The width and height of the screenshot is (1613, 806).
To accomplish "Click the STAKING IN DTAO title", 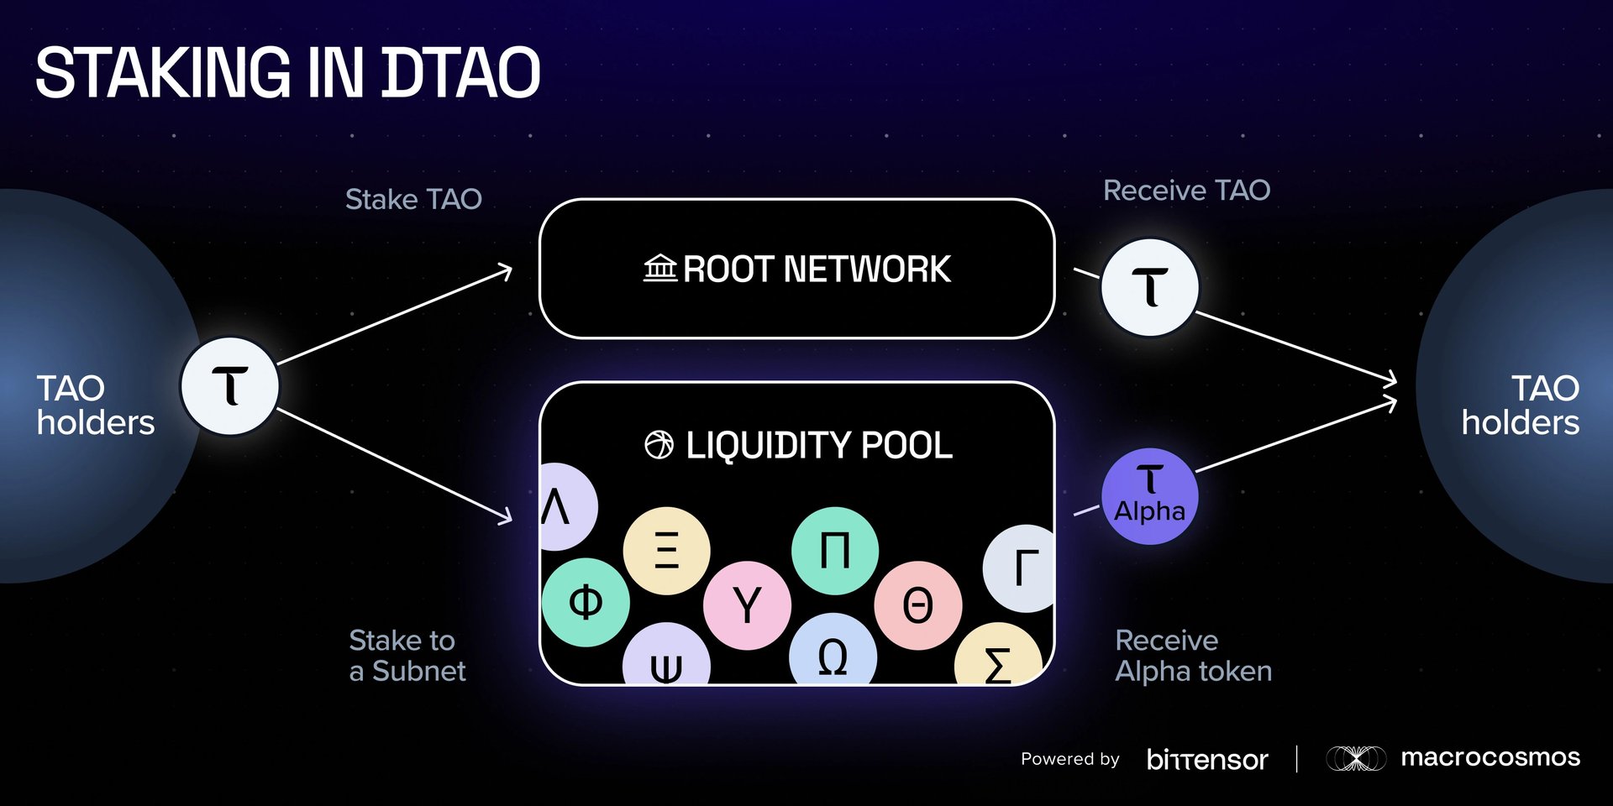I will (x=287, y=73).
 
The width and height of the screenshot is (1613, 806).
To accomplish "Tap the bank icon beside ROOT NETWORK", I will (x=660, y=269).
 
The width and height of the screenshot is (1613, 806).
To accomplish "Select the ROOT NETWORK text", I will (x=817, y=270).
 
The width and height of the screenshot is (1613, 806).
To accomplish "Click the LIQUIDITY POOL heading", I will (x=819, y=445).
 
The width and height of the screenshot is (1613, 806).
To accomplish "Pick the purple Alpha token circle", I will (x=1149, y=496).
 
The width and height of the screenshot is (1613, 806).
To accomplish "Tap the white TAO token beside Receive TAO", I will (x=1149, y=288).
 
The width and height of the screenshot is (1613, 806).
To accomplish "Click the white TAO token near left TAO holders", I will (x=229, y=386).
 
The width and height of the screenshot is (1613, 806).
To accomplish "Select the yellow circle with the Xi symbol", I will (x=666, y=551).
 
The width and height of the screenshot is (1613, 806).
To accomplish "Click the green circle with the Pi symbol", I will (x=834, y=551).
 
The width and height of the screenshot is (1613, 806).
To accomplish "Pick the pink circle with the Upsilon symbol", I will (x=747, y=605).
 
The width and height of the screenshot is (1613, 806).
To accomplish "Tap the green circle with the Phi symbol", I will (x=586, y=602).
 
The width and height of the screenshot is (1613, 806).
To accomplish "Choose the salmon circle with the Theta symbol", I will (x=917, y=605).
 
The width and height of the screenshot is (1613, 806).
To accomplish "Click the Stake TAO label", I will (x=413, y=200).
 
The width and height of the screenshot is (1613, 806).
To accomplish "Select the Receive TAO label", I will (x=1186, y=191).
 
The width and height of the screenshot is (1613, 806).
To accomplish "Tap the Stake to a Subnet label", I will (x=407, y=656).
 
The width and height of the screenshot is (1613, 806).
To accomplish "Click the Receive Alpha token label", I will (x=1193, y=656).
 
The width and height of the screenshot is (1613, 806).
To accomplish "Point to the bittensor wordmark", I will (x=1207, y=759).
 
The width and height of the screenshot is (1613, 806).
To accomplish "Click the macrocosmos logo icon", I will (x=1355, y=758).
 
